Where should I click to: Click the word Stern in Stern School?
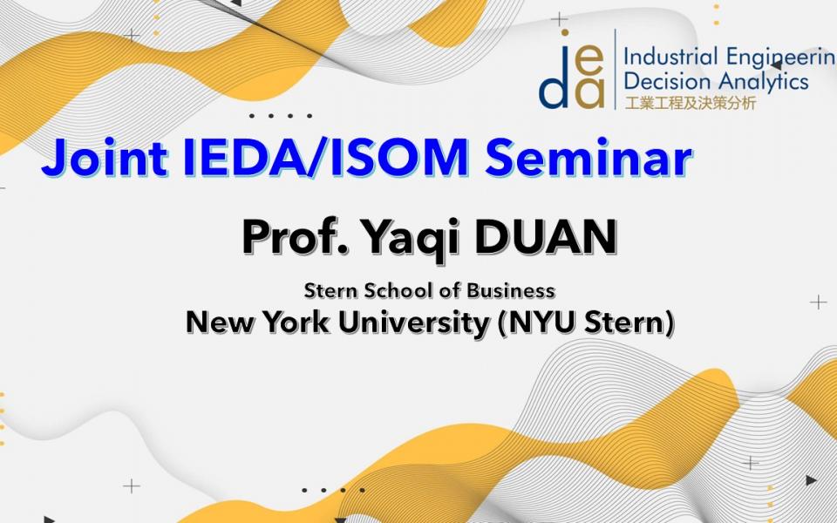[327, 290]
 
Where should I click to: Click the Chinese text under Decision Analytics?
[690, 103]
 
